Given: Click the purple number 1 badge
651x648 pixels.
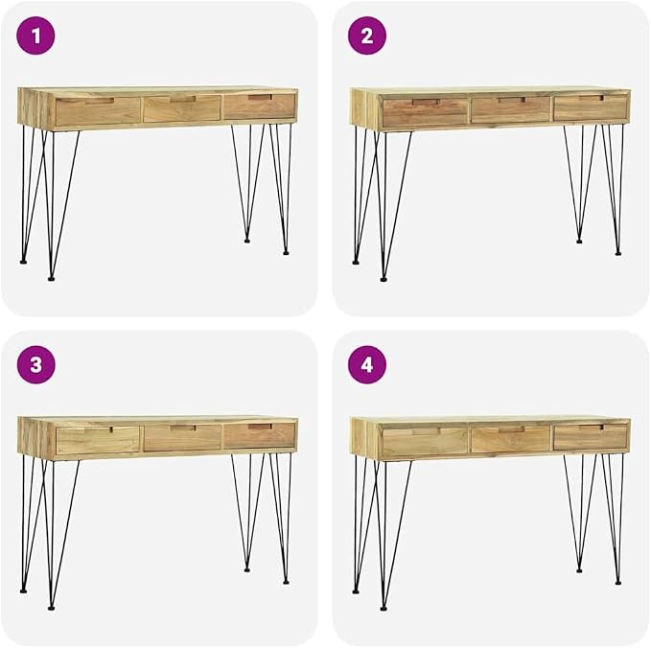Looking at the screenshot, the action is [35, 35].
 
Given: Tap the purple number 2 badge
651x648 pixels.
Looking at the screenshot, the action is [367, 35].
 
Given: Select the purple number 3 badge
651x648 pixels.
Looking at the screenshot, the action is [35, 364].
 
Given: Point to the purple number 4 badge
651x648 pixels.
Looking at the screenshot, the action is [367, 364].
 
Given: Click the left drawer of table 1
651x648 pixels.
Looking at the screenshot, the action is [99, 111].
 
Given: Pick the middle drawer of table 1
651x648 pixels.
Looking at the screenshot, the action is [182, 108].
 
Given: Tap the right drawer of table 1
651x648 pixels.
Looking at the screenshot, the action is [260, 106].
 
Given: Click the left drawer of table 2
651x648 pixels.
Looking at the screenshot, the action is [425, 112].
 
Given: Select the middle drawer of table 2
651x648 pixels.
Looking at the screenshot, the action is [511, 109].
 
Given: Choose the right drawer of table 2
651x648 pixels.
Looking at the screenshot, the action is [590, 107].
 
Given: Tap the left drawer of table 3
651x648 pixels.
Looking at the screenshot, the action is [98, 440].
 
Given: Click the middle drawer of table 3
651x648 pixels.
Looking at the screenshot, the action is [183, 437].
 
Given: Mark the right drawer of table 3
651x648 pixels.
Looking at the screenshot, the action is [260, 435].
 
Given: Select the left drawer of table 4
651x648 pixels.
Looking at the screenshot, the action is [425, 441].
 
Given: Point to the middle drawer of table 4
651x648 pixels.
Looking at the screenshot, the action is [511, 439].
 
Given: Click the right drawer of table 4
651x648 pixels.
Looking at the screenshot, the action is [590, 437].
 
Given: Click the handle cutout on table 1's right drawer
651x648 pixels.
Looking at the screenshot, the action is [261, 98].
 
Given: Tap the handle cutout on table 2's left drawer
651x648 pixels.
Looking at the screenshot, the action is [426, 102].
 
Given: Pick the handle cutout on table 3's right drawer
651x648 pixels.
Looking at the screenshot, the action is [261, 427].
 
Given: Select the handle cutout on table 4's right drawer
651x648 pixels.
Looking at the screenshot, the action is [592, 428].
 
